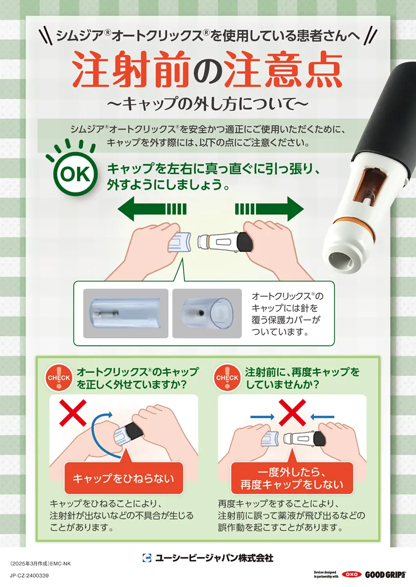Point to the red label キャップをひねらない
coord(123,478)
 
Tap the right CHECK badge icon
coord(227,378)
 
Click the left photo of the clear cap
coord(125,313)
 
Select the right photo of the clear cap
coord(207,313)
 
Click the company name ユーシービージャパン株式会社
coord(214,558)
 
